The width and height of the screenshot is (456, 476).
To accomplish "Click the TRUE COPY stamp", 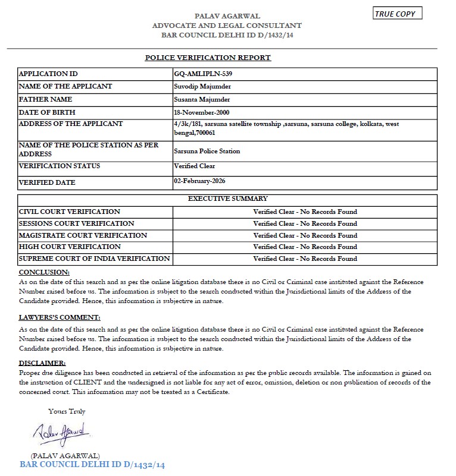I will (x=398, y=14).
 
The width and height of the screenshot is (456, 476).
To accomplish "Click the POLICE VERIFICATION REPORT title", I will (x=208, y=58).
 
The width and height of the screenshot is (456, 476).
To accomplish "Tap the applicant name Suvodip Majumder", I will (x=201, y=86).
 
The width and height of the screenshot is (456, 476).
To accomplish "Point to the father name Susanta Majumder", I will (x=202, y=99).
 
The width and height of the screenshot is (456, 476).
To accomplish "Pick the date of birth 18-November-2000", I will (x=202, y=112).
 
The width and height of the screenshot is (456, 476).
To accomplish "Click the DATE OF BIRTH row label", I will (x=48, y=112).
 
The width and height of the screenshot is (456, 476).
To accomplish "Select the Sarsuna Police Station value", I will (x=207, y=151).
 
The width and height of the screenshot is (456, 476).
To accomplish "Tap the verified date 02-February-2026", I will (x=200, y=180).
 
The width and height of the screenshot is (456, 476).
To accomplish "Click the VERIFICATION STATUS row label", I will (x=60, y=166).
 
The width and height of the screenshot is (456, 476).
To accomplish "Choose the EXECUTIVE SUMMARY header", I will (x=227, y=198).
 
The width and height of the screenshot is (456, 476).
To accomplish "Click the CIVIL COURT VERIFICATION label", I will (x=70, y=212).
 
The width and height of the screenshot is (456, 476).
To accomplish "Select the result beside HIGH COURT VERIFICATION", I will (x=305, y=247).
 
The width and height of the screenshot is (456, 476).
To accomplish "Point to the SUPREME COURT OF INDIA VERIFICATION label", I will (x=95, y=259).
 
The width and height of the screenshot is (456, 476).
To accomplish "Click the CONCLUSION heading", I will (x=43, y=272).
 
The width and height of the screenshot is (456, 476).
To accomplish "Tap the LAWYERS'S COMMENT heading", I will (x=60, y=317).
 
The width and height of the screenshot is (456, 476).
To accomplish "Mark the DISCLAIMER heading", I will (x=42, y=362).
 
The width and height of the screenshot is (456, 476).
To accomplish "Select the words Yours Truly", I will (x=67, y=411).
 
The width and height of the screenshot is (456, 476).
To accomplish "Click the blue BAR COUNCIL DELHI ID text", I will (x=92, y=464).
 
